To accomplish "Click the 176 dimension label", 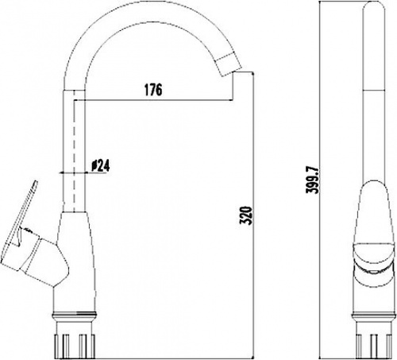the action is point(153,90).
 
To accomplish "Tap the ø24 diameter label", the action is point(100,165).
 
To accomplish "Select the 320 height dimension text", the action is point(246,215).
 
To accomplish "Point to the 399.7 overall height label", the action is point(313,180).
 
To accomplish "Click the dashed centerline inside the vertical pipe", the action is point(75,151).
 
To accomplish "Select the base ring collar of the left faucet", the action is point(74,315).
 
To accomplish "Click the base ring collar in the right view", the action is point(374,316).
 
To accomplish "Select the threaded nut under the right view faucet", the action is point(374,343).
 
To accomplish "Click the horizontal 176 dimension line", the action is point(153,100).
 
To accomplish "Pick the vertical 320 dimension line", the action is point(254,215).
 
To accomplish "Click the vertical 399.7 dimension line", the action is point(320,180).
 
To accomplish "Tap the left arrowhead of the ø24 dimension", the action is point(61,173).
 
